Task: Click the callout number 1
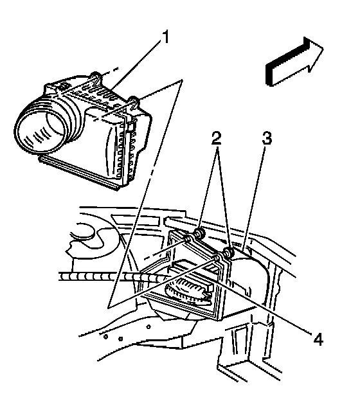pos(166,37)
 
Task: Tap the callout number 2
pos(216,138)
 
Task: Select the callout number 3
pos(267,138)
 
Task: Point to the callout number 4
pos(318,339)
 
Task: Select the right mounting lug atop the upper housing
pos(134,102)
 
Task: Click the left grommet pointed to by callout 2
pos(199,233)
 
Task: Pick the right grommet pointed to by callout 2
pos(228,253)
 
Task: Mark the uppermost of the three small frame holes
pos(148,326)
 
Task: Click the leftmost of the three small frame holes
pos(105,337)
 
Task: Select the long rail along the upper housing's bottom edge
pos(79,173)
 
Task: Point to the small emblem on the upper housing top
pos(63,85)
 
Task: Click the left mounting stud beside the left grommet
pos(188,239)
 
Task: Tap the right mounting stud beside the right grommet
pos(217,258)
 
